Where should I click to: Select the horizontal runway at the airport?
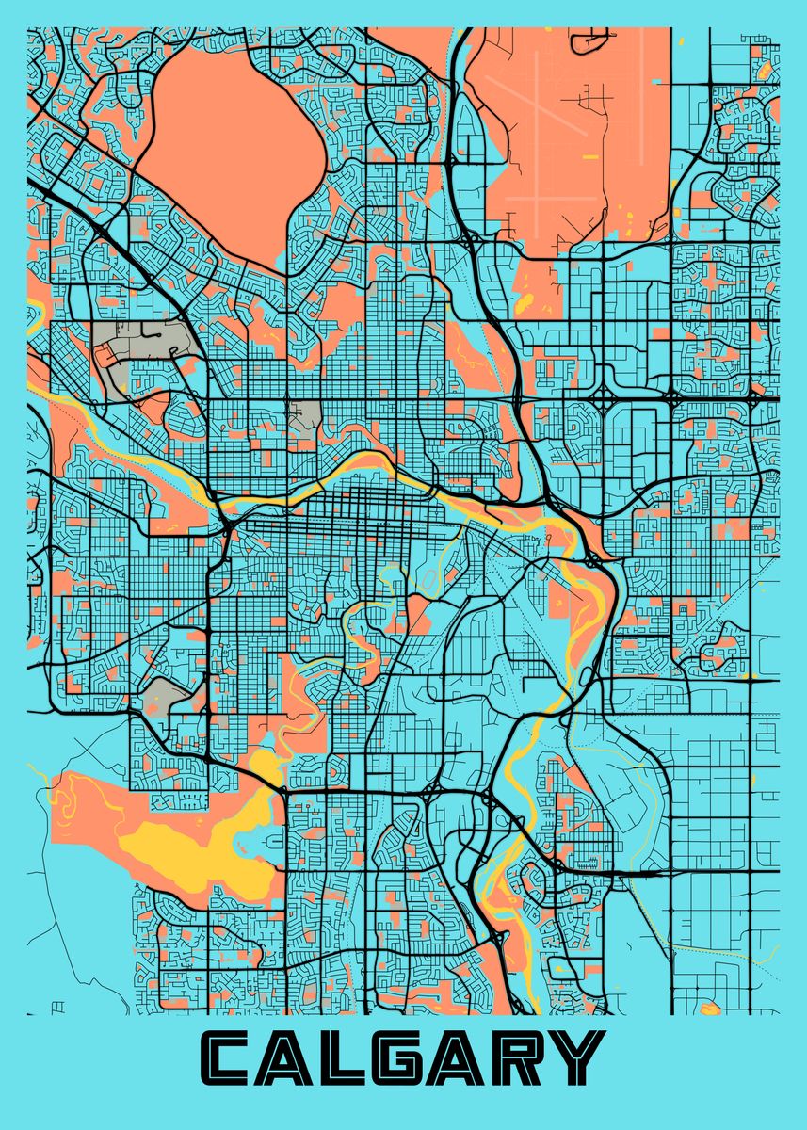565,197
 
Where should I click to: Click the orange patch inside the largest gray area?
105,353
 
